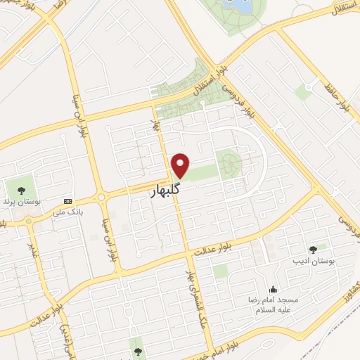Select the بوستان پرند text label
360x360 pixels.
[x=20, y=202]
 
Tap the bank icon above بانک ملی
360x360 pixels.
[x=67, y=200]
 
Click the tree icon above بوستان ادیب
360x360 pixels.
[x=313, y=249]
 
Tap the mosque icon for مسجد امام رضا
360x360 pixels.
[x=273, y=290]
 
